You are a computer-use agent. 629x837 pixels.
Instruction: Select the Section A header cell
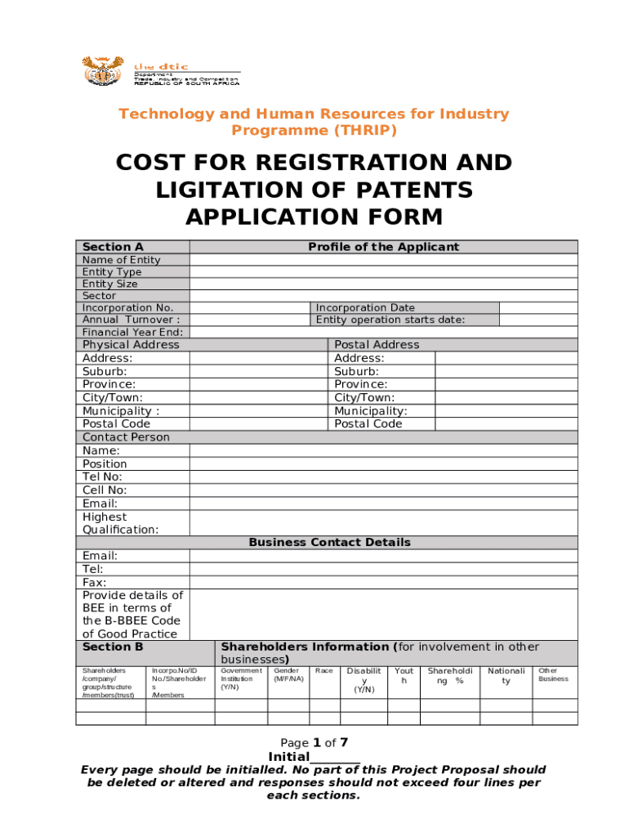[x=113, y=247]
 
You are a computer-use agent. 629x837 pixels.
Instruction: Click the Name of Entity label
[x=122, y=260]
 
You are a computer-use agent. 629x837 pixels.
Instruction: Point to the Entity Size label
[x=110, y=284]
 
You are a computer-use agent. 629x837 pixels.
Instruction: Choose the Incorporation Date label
[x=365, y=308]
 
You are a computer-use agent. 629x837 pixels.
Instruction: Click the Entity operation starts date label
[x=390, y=320]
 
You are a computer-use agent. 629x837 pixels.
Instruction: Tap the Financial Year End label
[x=133, y=333]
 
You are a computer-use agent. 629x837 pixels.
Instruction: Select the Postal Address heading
[x=377, y=345]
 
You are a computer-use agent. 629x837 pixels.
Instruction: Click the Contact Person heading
[x=126, y=437]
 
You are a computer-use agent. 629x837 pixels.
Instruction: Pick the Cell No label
[x=105, y=490]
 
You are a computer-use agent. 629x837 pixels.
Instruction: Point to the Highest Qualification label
[x=120, y=523]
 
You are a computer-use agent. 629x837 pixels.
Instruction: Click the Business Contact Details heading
[x=329, y=543]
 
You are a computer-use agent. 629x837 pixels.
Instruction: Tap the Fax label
[x=95, y=582]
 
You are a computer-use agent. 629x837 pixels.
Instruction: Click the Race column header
[x=323, y=671]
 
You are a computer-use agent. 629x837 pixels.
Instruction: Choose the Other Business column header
[x=553, y=674]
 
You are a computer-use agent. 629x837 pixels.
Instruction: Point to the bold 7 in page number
[x=344, y=742]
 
